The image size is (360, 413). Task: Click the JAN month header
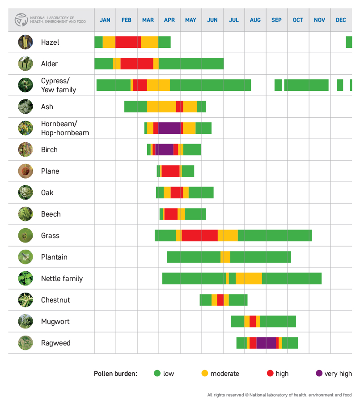click(x=105, y=20)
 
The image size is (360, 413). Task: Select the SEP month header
click(x=276, y=20)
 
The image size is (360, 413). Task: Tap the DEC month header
click(x=341, y=20)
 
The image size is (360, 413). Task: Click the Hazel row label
click(x=50, y=43)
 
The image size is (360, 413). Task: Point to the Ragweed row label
click(x=56, y=343)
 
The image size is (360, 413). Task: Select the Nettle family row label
click(x=62, y=279)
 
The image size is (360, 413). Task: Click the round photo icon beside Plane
click(x=25, y=171)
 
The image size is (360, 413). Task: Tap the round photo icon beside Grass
click(x=25, y=235)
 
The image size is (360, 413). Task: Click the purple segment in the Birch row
click(x=164, y=149)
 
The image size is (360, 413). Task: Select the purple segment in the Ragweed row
click(x=266, y=343)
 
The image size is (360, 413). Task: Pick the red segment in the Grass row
click(x=199, y=235)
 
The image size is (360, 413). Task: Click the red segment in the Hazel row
click(x=128, y=42)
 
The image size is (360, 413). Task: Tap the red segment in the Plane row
click(x=170, y=171)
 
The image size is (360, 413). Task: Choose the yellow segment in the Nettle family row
click(x=249, y=278)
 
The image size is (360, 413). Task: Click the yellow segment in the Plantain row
click(x=225, y=257)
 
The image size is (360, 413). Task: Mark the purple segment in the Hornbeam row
click(x=169, y=128)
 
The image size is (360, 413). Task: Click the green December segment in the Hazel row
click(x=349, y=42)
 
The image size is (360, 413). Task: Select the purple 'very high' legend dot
click(x=319, y=374)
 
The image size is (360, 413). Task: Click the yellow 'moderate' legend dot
click(x=205, y=374)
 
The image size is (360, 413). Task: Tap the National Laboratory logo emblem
click(x=21, y=20)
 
